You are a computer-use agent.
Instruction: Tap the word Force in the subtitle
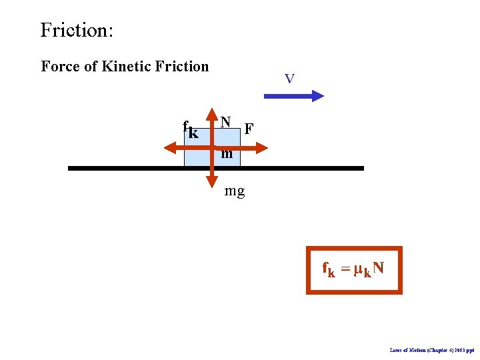coord(61,66)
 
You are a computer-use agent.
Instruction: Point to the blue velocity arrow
coord(293,96)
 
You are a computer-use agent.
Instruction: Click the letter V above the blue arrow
coord(289,79)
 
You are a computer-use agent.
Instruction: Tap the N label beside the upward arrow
coord(226,121)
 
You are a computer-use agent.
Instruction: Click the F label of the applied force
coord(249,128)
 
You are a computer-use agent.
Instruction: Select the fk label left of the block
coord(190,129)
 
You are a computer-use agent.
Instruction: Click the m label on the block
coord(227,154)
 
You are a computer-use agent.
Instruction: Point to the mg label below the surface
coord(235,191)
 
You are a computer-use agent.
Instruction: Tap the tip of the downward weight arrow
coord(212,183)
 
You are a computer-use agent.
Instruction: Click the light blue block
coord(197,157)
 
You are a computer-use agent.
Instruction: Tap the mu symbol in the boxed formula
coord(358,269)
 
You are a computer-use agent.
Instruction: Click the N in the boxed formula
coord(378,268)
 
